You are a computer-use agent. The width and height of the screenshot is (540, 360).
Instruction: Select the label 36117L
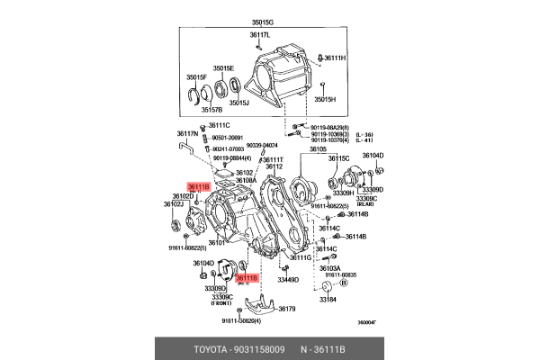pos(260,35)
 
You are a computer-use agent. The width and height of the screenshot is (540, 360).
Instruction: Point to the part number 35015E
pos(223,68)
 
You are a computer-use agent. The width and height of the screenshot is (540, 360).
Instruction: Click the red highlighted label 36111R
pos(198,186)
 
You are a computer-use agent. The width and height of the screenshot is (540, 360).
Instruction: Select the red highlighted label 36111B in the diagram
pos(247,278)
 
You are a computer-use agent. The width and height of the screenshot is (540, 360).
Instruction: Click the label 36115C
pos(337,158)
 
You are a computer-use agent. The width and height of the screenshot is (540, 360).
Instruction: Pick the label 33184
pos(328,301)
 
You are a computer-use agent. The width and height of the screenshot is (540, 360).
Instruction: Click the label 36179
pos(286,309)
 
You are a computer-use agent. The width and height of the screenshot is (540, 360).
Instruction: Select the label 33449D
pos(288,280)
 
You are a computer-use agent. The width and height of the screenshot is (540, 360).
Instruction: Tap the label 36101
pos(217,243)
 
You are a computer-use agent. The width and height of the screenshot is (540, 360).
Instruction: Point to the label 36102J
pos(173,204)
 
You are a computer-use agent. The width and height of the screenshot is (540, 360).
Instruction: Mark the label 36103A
pos(330,267)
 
